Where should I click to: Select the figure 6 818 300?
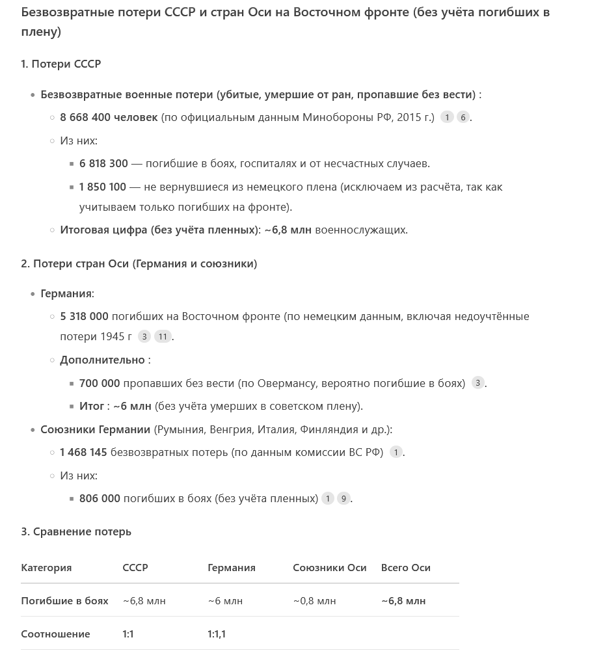tap(103, 164)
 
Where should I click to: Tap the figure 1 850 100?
tap(103, 187)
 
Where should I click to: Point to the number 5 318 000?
tap(84, 317)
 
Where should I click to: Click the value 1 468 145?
tap(83, 453)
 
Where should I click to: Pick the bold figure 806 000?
tap(100, 499)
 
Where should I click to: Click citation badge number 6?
tap(463, 118)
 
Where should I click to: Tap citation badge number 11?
tap(163, 337)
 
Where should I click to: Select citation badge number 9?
tap(343, 499)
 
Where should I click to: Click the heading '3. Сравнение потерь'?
tap(76, 532)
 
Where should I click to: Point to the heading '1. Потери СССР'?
tap(61, 64)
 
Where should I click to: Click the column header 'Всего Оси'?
tap(406, 568)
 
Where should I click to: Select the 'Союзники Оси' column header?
tap(330, 568)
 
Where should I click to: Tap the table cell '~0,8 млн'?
tap(314, 601)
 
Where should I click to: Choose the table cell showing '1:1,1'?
tap(217, 634)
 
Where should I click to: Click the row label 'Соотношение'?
tap(55, 634)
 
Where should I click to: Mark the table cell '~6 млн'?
tap(225, 601)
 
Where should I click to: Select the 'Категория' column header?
tap(46, 568)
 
